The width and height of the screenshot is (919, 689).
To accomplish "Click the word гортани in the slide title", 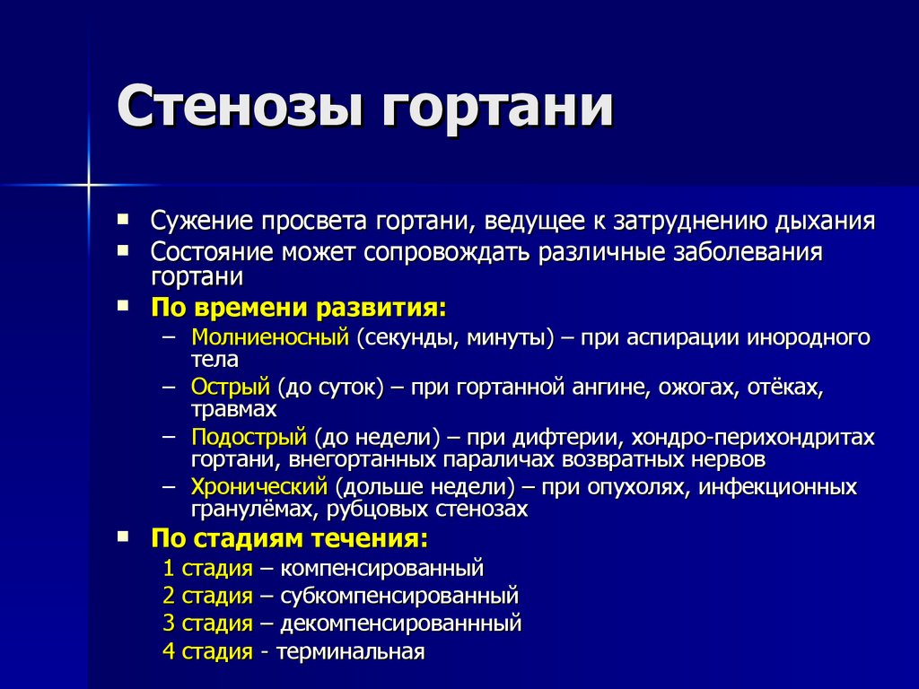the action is [x=497, y=109].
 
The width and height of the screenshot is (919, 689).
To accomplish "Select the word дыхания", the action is [x=825, y=222].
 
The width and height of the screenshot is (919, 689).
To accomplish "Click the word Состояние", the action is [x=212, y=252].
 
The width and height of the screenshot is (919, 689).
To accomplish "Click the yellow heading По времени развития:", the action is [x=298, y=308].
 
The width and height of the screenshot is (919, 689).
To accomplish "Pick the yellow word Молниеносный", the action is [x=270, y=337].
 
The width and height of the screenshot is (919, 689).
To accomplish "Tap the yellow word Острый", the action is [x=231, y=388].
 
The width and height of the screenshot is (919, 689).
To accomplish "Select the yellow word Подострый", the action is [x=249, y=437].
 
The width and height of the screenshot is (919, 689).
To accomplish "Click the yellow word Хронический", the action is [x=259, y=487].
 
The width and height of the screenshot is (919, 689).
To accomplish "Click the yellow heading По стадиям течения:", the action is [x=290, y=538].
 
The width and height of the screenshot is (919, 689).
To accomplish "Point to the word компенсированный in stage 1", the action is [x=382, y=568].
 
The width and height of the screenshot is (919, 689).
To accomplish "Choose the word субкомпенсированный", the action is [x=399, y=596].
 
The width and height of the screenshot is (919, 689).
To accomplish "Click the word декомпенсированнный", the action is [x=401, y=623].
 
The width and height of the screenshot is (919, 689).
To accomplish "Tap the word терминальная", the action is [x=351, y=651].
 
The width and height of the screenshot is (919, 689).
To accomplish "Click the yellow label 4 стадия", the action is [x=207, y=651].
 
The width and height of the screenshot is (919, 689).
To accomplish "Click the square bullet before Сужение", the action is [x=122, y=220].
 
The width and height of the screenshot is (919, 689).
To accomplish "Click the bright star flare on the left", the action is [x=89, y=185].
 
